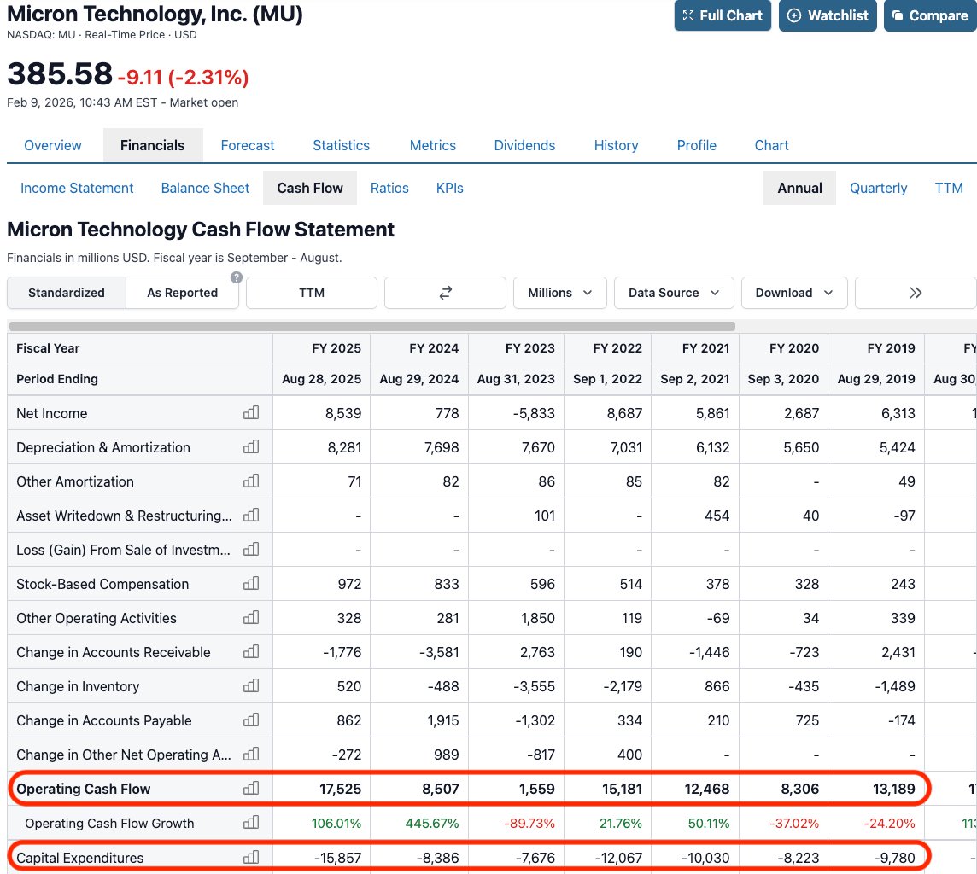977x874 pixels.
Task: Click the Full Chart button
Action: tap(723, 15)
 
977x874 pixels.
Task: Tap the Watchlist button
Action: tap(828, 15)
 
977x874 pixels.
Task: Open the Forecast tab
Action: tap(248, 145)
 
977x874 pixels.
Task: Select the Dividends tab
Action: tap(524, 145)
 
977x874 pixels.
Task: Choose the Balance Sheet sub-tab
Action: tap(205, 188)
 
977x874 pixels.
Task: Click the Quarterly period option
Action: tap(878, 188)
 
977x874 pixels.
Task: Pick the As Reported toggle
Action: tap(182, 293)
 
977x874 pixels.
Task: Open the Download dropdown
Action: tap(794, 293)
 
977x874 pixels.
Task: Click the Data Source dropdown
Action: tap(674, 293)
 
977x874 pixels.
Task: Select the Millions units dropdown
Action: tap(560, 293)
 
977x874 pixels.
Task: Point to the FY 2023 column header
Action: tap(529, 348)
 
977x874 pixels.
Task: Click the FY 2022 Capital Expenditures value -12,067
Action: tap(612, 858)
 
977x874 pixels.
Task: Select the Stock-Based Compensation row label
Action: tap(102, 584)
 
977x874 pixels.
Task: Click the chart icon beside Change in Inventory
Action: tap(251, 686)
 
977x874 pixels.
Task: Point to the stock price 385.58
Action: tap(60, 74)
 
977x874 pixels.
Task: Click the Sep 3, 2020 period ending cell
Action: tap(783, 379)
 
